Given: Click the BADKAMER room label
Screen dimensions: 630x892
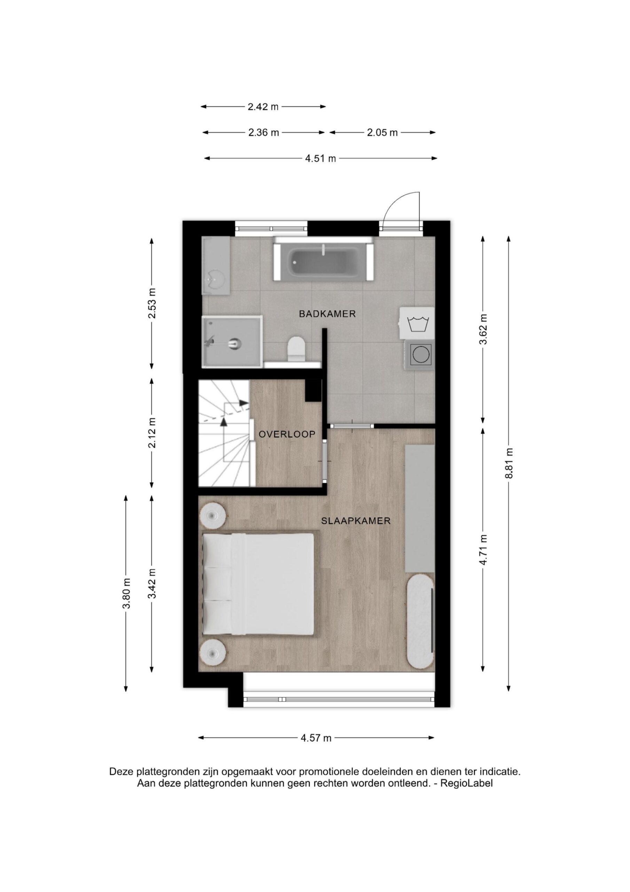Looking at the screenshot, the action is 327,314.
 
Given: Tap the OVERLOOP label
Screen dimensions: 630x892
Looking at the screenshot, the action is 287,435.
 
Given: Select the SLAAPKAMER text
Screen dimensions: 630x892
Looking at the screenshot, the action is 356,521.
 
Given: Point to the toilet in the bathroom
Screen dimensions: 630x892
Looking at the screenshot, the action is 297,348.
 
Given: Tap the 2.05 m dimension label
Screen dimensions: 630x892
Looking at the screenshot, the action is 382,133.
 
